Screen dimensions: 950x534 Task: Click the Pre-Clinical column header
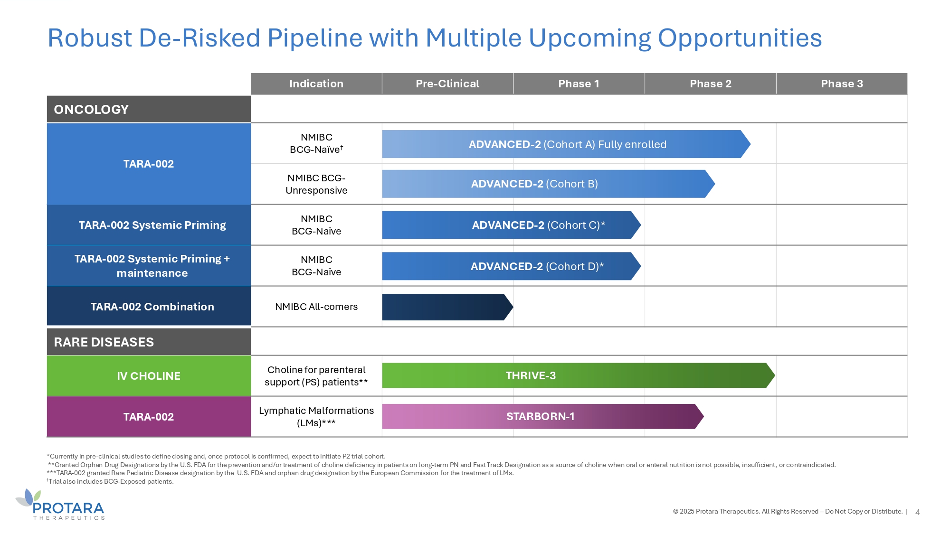pyautogui.click(x=447, y=84)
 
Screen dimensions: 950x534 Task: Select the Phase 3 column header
pyautogui.click(x=842, y=84)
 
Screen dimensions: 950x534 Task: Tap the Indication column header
pyautogui.click(x=316, y=84)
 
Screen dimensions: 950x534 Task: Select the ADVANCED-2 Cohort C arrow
pyautogui.click(x=511, y=225)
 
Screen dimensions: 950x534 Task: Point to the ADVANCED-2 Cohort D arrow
pyautogui.click(x=511, y=266)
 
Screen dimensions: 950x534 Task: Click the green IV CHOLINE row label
pyautogui.click(x=149, y=376)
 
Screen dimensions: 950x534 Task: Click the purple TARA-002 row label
pyautogui.click(x=149, y=417)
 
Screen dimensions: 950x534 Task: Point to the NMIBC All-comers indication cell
pyautogui.click(x=316, y=307)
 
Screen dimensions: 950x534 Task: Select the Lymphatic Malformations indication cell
pyautogui.click(x=316, y=417)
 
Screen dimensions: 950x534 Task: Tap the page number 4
pyautogui.click(x=918, y=512)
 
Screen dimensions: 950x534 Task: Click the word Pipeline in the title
pyautogui.click(x=315, y=38)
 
